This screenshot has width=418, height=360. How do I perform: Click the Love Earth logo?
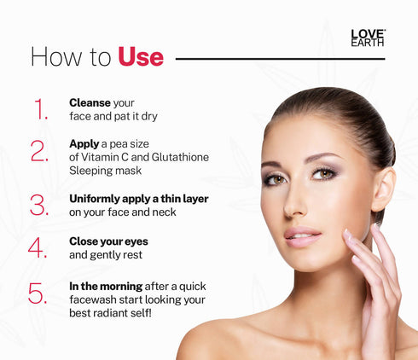pyautogui.click(x=368, y=38)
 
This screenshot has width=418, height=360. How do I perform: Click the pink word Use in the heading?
pyautogui.click(x=140, y=57)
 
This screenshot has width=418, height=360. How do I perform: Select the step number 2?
pyautogui.click(x=39, y=151)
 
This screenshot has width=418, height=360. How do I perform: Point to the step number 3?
pyautogui.click(x=39, y=205)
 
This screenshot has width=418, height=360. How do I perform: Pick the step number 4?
pyautogui.click(x=38, y=247)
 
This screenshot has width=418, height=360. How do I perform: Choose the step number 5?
pyautogui.click(x=38, y=293)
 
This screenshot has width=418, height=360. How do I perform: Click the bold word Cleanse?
pyautogui.click(x=90, y=102)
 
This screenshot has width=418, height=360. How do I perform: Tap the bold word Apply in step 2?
pyautogui.click(x=84, y=143)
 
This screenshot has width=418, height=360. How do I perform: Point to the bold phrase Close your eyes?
pyautogui.click(x=107, y=241)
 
